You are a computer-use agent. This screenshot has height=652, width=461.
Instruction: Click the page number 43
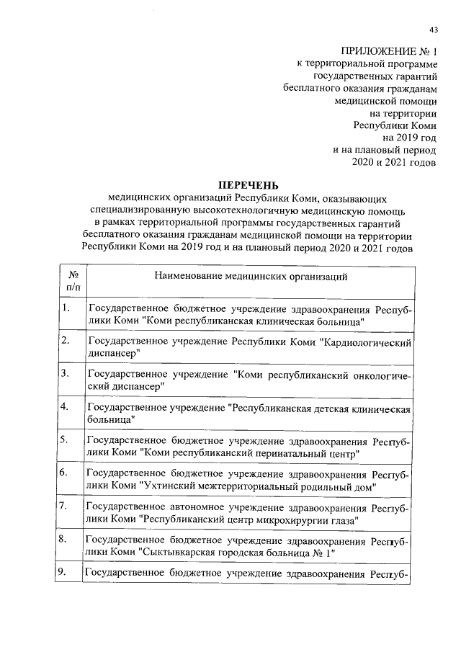433,30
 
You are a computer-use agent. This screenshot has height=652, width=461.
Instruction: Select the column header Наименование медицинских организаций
251,276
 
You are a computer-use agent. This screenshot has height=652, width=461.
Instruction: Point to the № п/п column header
72,282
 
